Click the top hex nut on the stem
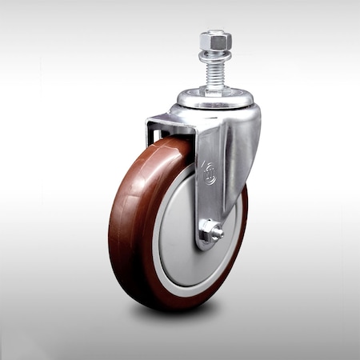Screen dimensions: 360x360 coord(216,40)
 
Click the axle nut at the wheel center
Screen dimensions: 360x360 coord(210,232)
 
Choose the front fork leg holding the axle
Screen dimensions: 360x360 coord(210,192)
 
